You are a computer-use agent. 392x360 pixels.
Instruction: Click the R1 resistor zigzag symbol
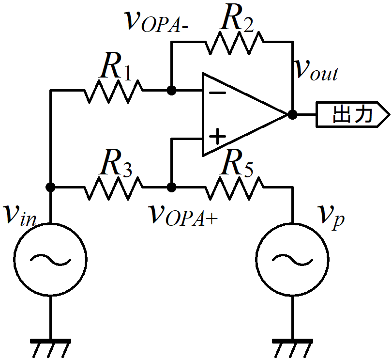point(114,91)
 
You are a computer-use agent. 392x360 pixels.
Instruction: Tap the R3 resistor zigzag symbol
point(114,188)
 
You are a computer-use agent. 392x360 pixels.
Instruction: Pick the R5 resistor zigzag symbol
point(234,188)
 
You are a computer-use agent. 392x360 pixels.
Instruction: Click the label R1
point(115,66)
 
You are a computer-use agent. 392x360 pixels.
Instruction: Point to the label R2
point(237,17)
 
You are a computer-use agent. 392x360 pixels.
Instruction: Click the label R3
point(115,163)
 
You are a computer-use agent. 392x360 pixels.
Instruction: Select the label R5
point(237,163)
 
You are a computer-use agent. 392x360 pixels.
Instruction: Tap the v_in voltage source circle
point(50,223)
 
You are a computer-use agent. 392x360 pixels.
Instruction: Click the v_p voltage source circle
point(292,223)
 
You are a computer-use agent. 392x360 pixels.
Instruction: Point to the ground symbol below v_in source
point(50,348)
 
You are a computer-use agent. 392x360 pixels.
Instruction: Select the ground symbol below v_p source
point(292,348)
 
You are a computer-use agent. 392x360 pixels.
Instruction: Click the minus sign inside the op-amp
point(217,93)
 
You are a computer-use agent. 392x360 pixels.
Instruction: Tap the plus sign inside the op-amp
point(217,137)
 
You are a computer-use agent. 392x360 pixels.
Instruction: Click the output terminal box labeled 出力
point(353,115)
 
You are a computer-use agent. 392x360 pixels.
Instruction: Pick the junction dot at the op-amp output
point(292,115)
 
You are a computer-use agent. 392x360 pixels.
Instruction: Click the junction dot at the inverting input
point(171,91)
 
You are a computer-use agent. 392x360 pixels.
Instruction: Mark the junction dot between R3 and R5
point(171,187)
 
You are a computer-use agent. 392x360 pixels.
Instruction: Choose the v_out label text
point(317,71)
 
